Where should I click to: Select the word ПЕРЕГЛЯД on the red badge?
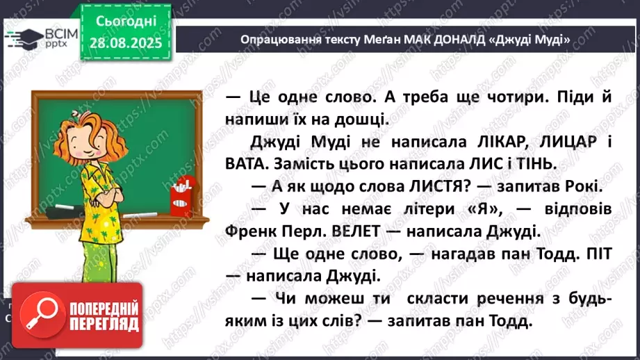(x=105, y=324)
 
